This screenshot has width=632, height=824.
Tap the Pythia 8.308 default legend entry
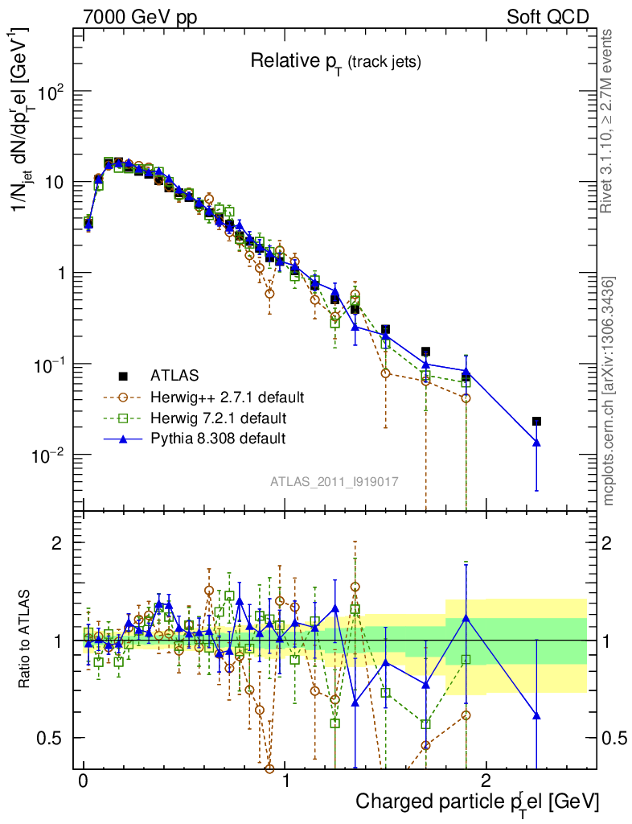pyautogui.click(x=216, y=439)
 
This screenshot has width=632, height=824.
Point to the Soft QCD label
pyautogui.click(x=547, y=16)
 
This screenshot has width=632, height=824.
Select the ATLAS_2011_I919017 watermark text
pyautogui.click(x=335, y=481)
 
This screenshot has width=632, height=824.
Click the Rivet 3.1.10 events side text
pyautogui.click(x=608, y=121)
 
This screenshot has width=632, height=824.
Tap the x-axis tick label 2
pyautogui.click(x=486, y=781)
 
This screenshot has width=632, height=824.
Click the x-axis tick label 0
pyautogui.click(x=83, y=781)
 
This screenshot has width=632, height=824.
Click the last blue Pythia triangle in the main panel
pyautogui.click(x=536, y=442)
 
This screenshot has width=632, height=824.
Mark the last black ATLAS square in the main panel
pyautogui.click(x=536, y=421)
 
